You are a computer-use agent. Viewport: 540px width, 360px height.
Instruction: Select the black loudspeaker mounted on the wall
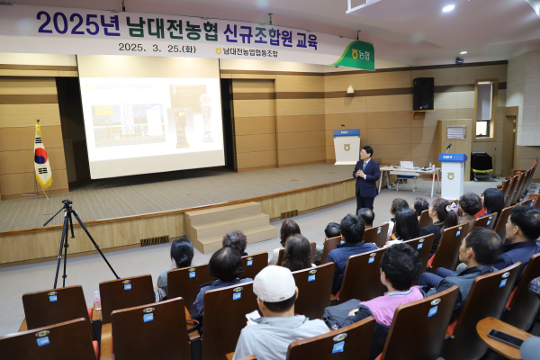423,94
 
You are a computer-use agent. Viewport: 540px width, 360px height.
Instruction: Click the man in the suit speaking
365,176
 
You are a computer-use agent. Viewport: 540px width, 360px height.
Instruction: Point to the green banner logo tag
356,56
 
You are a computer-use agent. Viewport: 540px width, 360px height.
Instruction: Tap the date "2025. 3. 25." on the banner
144,47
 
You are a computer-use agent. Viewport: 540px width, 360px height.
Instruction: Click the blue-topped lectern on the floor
452,175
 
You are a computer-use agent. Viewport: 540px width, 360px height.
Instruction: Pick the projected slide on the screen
151,117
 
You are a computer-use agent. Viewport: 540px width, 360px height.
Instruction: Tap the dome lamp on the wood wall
350,90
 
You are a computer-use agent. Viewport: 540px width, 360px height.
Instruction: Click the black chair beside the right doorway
483,165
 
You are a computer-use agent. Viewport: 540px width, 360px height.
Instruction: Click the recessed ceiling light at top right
448,8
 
